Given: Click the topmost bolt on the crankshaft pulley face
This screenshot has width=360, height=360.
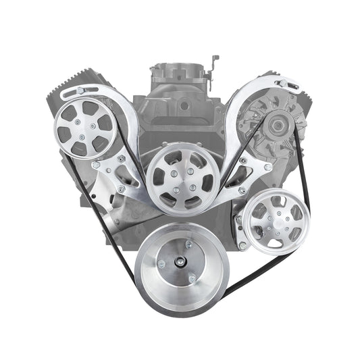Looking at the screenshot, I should click(x=188, y=245).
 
